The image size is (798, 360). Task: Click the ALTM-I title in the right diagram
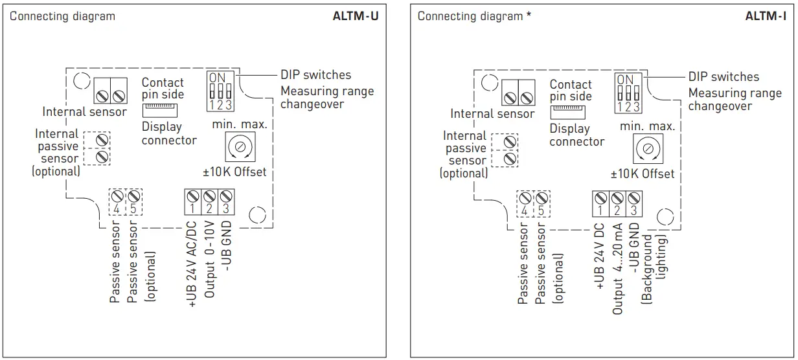765,16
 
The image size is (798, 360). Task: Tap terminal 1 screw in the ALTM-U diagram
193,196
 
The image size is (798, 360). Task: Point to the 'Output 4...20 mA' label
617,269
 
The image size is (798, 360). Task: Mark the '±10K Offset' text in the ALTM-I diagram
643,174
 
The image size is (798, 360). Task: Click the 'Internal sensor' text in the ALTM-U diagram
84,112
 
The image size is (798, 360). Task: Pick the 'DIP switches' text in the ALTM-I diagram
724,76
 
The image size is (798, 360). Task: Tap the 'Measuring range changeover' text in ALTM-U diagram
327,97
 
